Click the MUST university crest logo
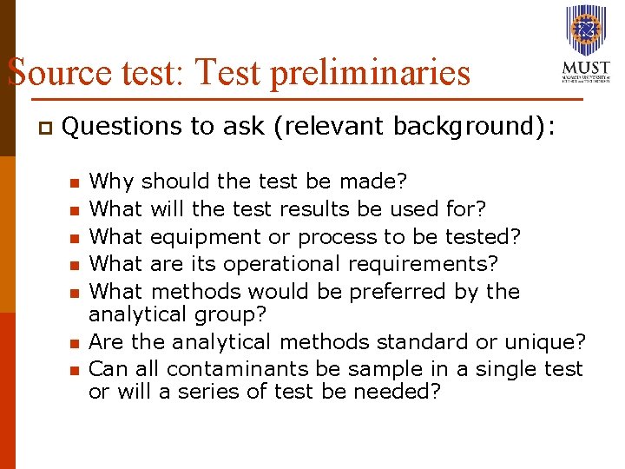(586, 30)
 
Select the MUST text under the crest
(586, 69)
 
